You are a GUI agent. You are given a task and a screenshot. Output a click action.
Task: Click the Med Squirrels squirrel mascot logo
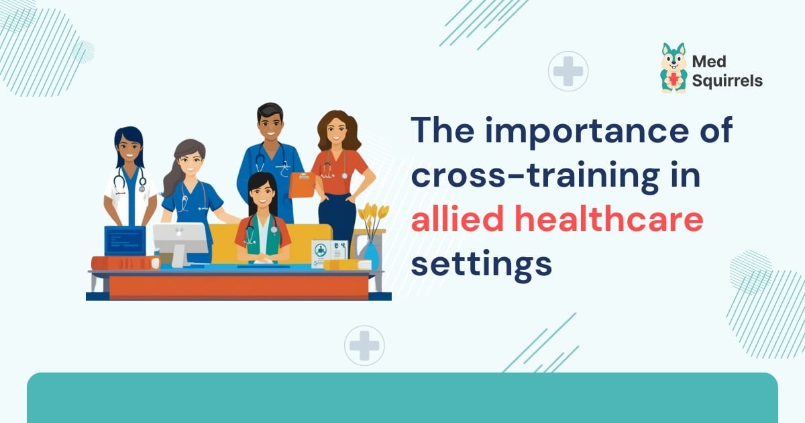tap(674, 68)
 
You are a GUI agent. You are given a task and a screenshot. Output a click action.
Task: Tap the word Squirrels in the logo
tap(728, 81)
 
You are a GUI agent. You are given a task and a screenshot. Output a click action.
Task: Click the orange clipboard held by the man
tap(302, 184)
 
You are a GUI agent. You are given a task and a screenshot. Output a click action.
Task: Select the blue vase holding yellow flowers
tap(370, 254)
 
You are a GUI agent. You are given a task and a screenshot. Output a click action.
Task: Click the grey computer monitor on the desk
tap(180, 238)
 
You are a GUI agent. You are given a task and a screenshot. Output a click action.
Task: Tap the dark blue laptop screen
tap(125, 240)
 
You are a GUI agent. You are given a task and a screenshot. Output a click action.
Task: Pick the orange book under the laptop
tap(125, 263)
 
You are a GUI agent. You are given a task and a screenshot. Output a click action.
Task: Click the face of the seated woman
tap(262, 195)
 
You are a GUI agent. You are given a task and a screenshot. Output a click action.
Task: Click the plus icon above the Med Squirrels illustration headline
tap(568, 71)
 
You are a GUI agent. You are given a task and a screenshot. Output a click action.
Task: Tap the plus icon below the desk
tap(364, 345)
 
